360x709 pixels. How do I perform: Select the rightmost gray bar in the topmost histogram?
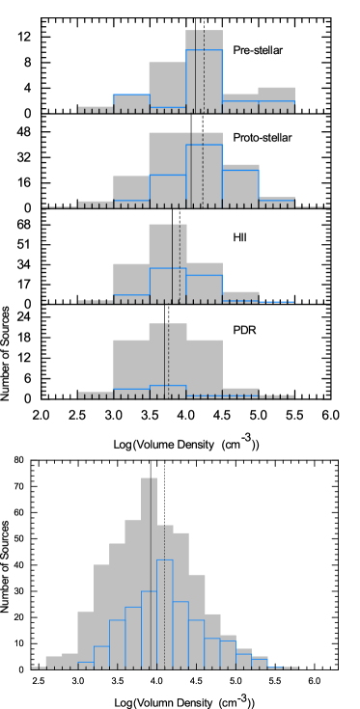point(276,97)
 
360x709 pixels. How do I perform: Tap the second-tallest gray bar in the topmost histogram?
point(167,85)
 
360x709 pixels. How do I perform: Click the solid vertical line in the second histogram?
point(192,169)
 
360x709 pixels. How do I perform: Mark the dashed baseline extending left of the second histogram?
point(59,206)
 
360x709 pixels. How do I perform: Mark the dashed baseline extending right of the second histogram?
point(313,206)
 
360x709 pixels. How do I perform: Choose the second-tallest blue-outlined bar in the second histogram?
point(240,186)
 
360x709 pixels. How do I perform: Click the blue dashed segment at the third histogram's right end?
point(277,302)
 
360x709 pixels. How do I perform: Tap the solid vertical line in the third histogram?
point(173,262)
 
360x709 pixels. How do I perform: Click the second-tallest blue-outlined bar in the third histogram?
point(204,288)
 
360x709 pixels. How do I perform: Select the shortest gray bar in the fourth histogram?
point(241,392)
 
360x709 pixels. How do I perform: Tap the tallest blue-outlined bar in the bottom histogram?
point(165,613)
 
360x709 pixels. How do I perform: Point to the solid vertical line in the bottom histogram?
point(152,569)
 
